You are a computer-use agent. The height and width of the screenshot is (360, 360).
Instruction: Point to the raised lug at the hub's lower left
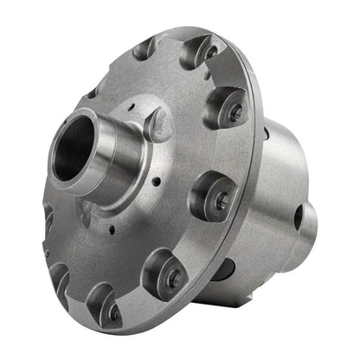(x=87, y=213)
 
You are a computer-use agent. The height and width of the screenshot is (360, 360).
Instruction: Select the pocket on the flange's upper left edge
(x=91, y=93)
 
